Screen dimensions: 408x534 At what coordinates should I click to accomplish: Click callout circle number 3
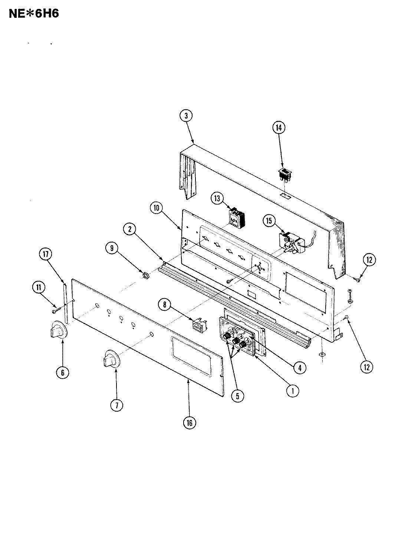tap(186, 116)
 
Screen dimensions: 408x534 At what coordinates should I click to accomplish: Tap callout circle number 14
tap(278, 128)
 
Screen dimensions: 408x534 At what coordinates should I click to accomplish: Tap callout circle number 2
tap(129, 230)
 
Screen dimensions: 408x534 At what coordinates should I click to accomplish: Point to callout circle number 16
tap(190, 422)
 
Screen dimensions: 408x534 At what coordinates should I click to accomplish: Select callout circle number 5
tap(237, 396)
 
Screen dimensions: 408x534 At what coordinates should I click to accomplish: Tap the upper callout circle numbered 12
tap(369, 260)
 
